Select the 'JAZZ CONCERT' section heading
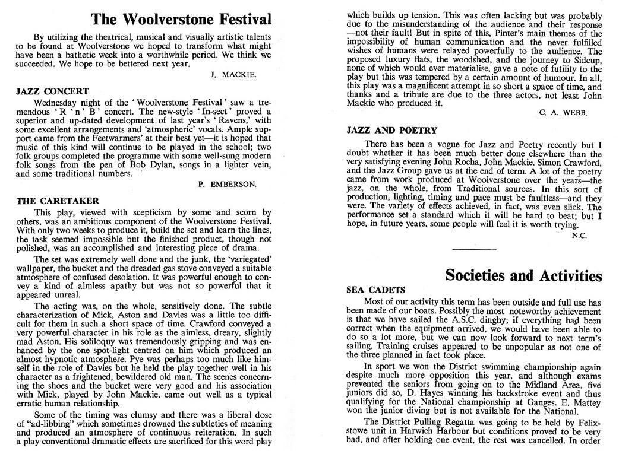coord(53,91)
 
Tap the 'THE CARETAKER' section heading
coord(57,201)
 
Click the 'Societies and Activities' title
coord(523,275)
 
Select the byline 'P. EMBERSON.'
coord(227,185)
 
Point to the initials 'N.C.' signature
coord(580,236)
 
